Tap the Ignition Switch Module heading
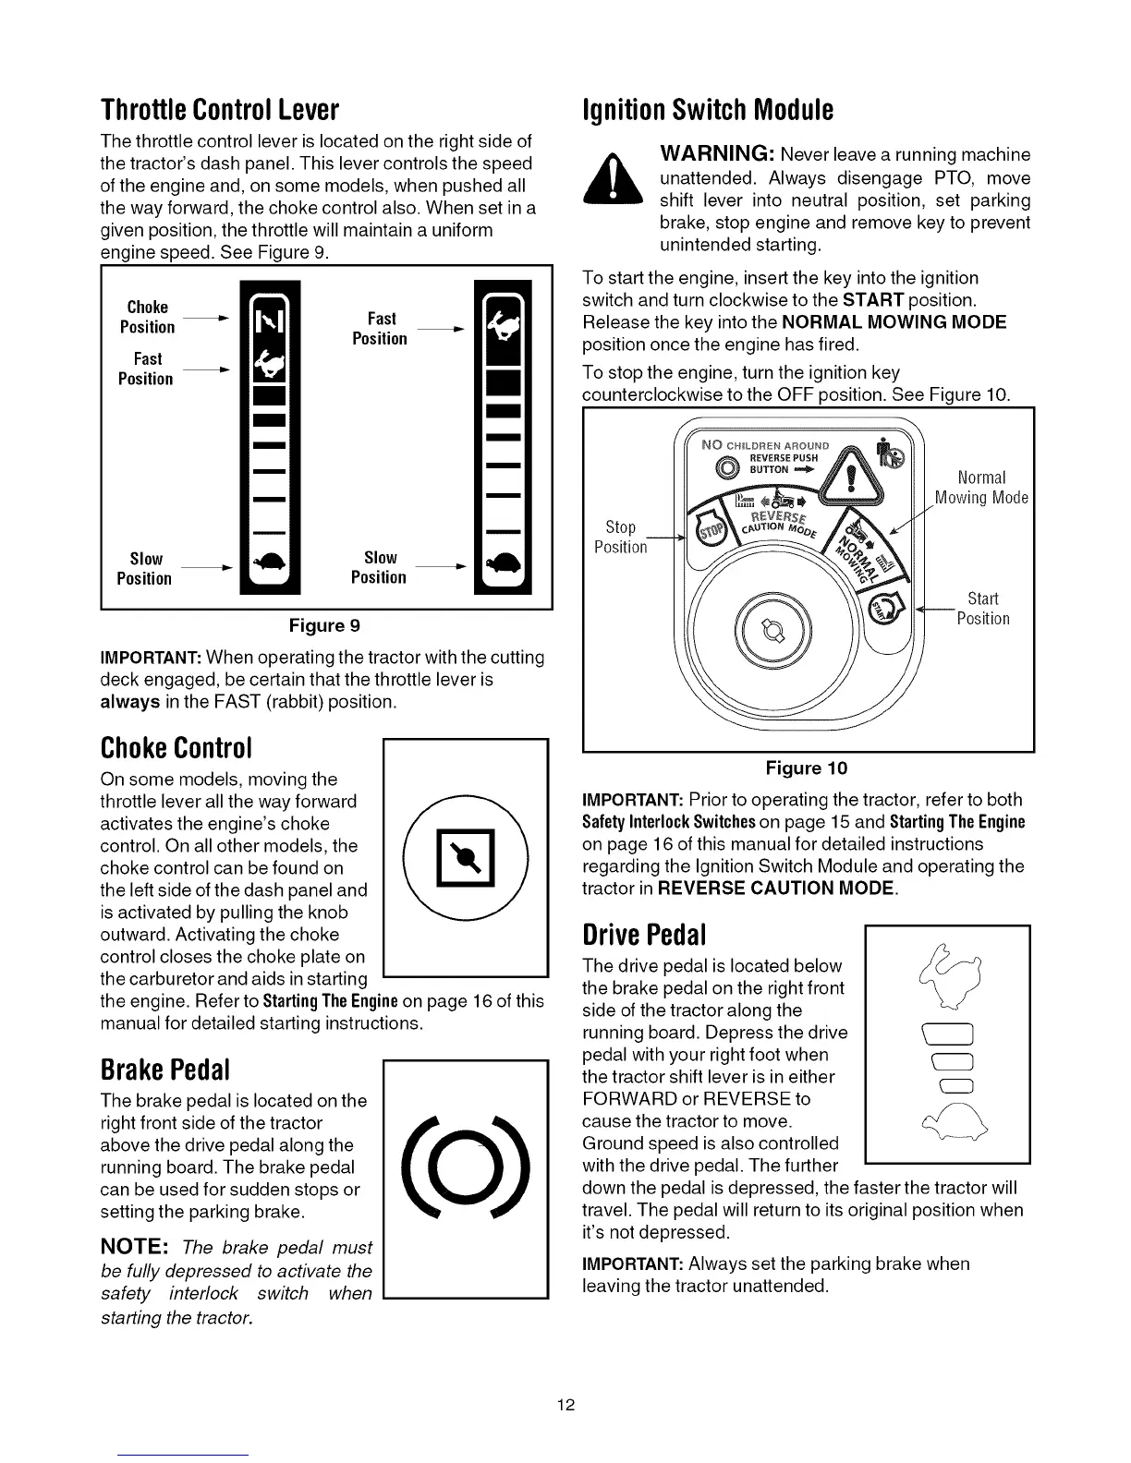tap(708, 110)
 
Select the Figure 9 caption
tap(324, 625)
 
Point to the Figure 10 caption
tap(806, 768)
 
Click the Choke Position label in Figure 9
tap(148, 317)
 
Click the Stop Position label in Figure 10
tap(621, 537)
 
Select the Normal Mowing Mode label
tap(981, 488)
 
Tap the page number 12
tap(565, 1405)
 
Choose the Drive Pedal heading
tap(644, 936)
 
